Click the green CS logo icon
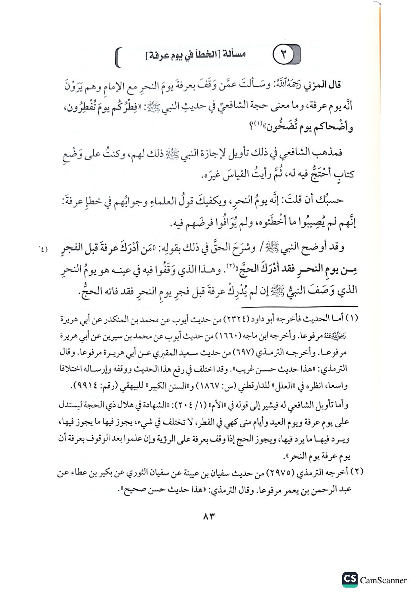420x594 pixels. coord(350,579)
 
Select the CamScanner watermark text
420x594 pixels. coord(383,581)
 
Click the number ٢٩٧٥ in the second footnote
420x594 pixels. coord(279,473)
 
